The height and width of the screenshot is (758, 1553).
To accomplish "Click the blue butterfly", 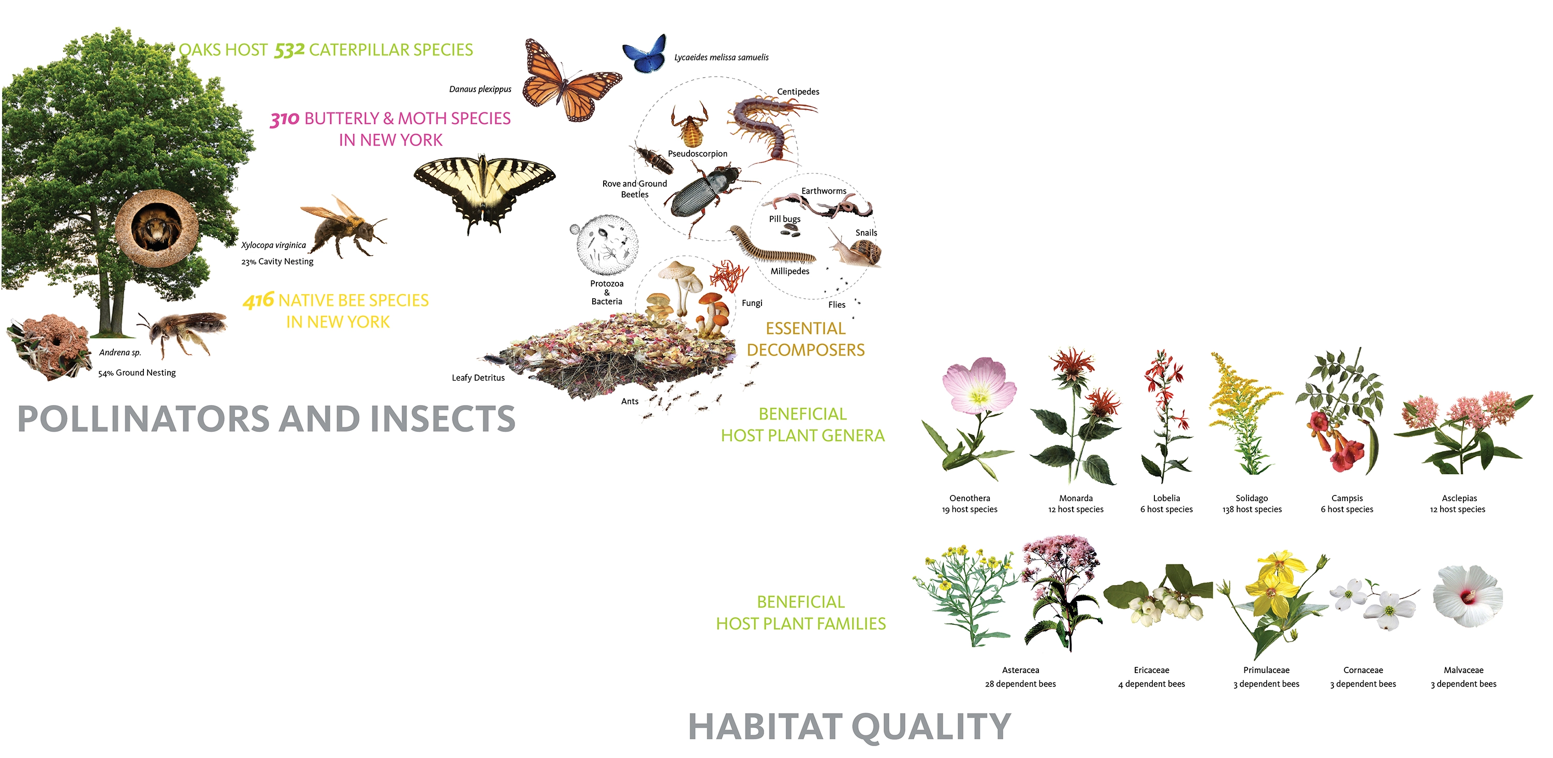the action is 644,55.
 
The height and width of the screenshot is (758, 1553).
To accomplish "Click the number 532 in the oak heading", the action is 289,50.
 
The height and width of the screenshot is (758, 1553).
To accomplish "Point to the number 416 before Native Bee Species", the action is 259,300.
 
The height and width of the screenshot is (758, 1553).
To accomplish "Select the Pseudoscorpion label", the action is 697,154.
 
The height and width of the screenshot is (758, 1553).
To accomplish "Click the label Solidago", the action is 1252,498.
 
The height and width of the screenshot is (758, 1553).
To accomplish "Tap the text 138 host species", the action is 1252,509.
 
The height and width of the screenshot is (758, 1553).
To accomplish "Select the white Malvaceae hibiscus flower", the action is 1467,596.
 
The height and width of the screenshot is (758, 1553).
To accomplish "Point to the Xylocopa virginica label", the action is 273,245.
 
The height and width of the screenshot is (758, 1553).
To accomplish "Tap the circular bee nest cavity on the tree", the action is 157,228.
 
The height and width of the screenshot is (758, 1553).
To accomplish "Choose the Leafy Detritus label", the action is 478,378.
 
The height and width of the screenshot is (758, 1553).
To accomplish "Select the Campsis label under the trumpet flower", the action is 1347,498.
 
